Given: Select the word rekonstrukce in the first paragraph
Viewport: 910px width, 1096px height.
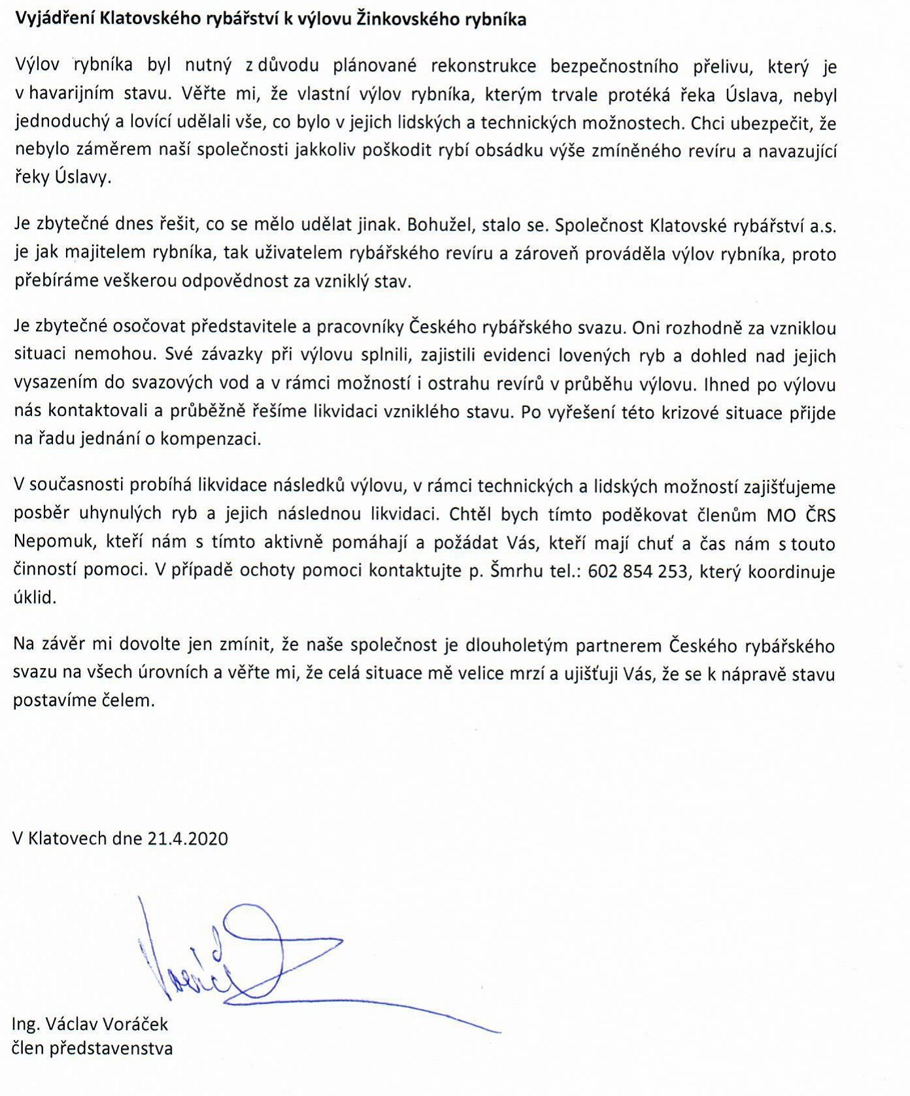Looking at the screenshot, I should pos(483,67).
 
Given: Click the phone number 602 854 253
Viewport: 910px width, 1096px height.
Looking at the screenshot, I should pos(637,572).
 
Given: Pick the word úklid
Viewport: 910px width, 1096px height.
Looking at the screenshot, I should pos(34,598).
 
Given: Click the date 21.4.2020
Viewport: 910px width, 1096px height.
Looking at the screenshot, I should pos(188,839).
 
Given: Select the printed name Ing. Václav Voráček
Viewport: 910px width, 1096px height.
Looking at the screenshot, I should pos(90,1023).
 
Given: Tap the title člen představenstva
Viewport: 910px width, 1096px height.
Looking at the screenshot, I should pos(92,1049).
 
